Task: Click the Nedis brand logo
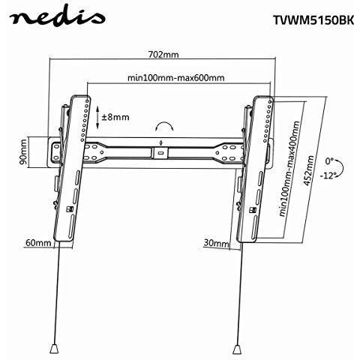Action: click(57, 18)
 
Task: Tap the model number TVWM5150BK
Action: click(313, 20)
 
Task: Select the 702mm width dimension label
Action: click(163, 54)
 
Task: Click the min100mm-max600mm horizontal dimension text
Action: click(175, 78)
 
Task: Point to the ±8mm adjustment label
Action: click(115, 117)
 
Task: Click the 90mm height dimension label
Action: click(23, 152)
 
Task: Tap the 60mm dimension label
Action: click(38, 242)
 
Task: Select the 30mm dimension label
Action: click(216, 243)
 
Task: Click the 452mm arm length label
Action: click(308, 170)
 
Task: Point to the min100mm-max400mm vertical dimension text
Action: click(289, 169)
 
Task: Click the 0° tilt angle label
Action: click(329, 161)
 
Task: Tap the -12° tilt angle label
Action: click(327, 175)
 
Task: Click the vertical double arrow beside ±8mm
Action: click(97, 118)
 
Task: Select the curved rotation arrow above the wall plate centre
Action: click(163, 123)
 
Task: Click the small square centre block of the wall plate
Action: click(160, 152)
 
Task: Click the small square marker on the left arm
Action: click(70, 209)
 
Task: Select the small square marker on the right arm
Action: click(253, 210)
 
